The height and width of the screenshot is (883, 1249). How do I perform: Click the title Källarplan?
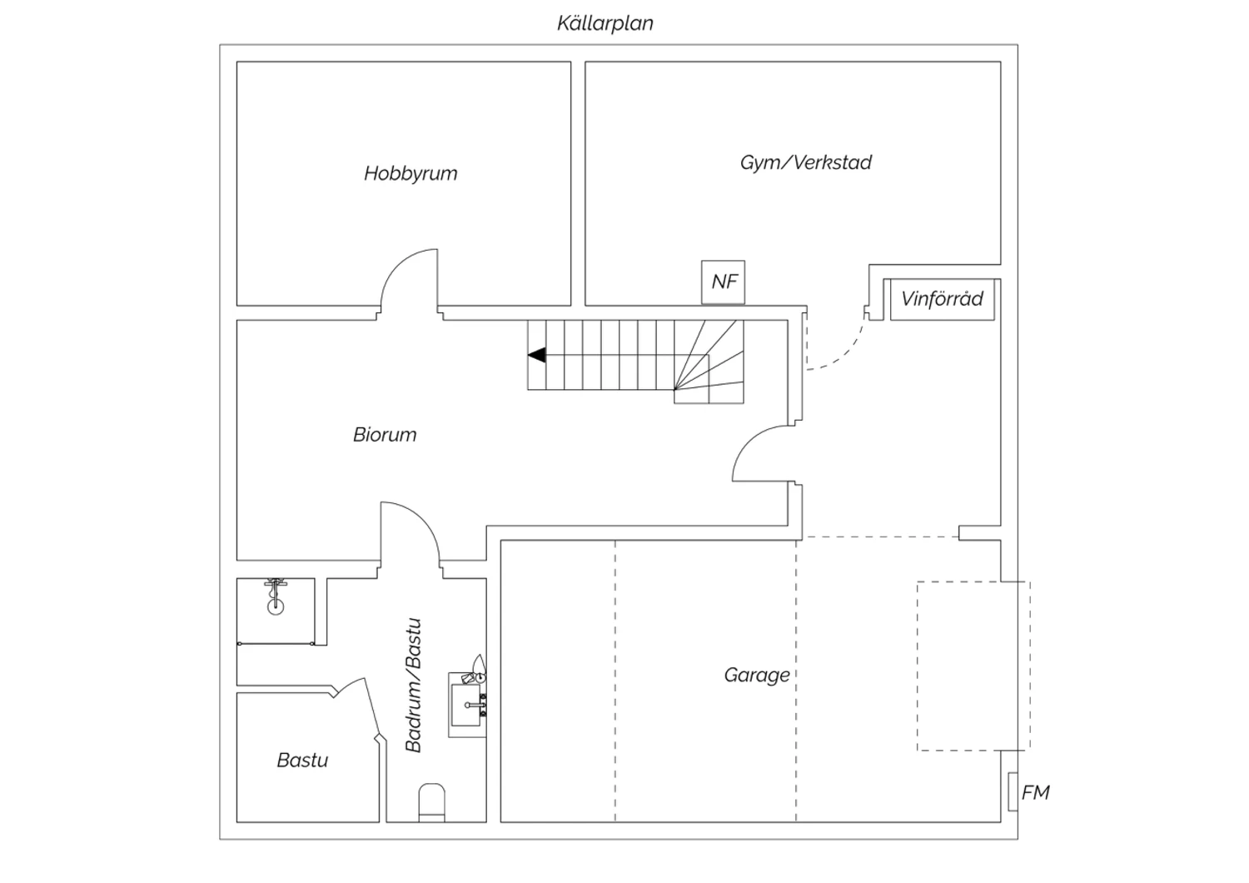605,23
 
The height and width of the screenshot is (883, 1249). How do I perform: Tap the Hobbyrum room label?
411,173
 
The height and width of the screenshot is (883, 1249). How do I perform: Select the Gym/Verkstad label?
806,162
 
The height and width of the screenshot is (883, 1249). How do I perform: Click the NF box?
724,282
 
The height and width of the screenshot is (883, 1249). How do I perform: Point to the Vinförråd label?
942,299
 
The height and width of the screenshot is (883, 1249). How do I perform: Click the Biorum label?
385,435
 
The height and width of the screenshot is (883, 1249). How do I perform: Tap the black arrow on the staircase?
537,355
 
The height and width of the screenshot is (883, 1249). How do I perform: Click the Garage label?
757,676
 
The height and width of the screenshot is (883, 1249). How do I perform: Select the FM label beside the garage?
1036,793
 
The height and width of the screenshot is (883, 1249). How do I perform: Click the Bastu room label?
302,761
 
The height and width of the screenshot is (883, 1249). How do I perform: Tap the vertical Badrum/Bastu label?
413,686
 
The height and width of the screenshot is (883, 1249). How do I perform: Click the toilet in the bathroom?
431,803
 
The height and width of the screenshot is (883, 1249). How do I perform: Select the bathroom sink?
466,704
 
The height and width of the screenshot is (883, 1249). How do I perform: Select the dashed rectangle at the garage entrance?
973,666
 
